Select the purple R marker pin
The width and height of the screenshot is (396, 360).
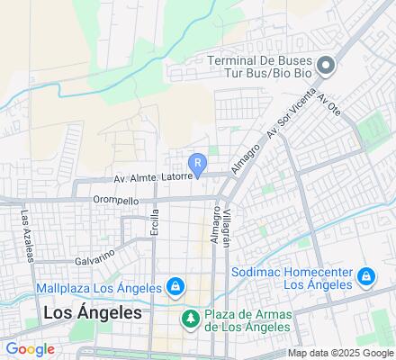point(200,164)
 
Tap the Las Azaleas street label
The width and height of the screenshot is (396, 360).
point(26,237)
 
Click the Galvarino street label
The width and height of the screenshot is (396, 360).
point(94,252)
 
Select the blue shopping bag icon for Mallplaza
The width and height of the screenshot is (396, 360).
point(175,288)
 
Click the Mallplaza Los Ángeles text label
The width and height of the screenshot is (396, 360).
point(99,289)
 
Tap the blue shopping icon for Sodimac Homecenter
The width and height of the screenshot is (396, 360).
point(366,276)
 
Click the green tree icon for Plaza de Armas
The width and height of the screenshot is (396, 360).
point(191,318)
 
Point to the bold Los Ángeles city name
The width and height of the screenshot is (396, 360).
point(93,313)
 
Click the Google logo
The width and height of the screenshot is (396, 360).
point(30,349)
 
